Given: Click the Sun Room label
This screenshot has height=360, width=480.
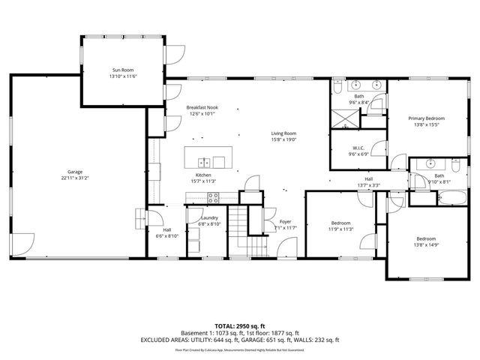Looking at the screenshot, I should [123, 69].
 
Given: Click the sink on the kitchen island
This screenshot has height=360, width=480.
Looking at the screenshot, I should [203, 161].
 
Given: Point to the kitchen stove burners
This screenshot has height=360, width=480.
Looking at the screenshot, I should [213, 198].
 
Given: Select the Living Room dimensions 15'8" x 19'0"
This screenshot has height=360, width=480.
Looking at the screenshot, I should [284, 139].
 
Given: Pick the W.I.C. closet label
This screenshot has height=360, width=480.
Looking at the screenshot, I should [357, 148].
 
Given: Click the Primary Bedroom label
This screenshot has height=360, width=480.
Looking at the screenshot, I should [426, 118].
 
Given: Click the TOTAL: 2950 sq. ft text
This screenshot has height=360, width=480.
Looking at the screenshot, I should [239, 325].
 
